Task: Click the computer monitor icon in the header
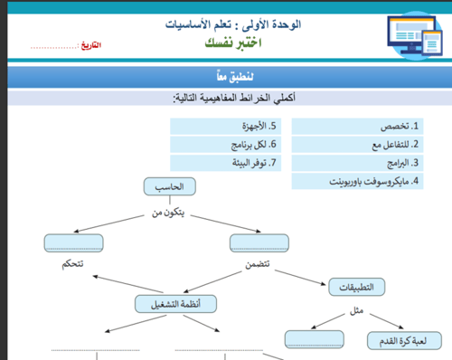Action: pos(398,38)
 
